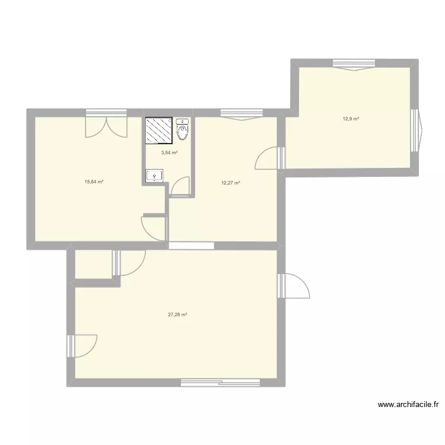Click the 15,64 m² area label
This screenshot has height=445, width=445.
click(x=94, y=182)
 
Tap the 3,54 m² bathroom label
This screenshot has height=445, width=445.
click(x=170, y=152)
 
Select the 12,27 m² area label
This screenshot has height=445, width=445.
click(x=231, y=183)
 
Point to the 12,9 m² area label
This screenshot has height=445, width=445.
click(x=351, y=119)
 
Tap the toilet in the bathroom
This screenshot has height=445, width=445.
click(x=183, y=130)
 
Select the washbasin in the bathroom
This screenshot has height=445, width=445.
click(x=155, y=175)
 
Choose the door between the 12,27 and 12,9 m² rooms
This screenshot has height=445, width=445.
click(x=268, y=158)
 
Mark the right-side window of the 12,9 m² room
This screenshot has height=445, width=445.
click(x=418, y=131)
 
